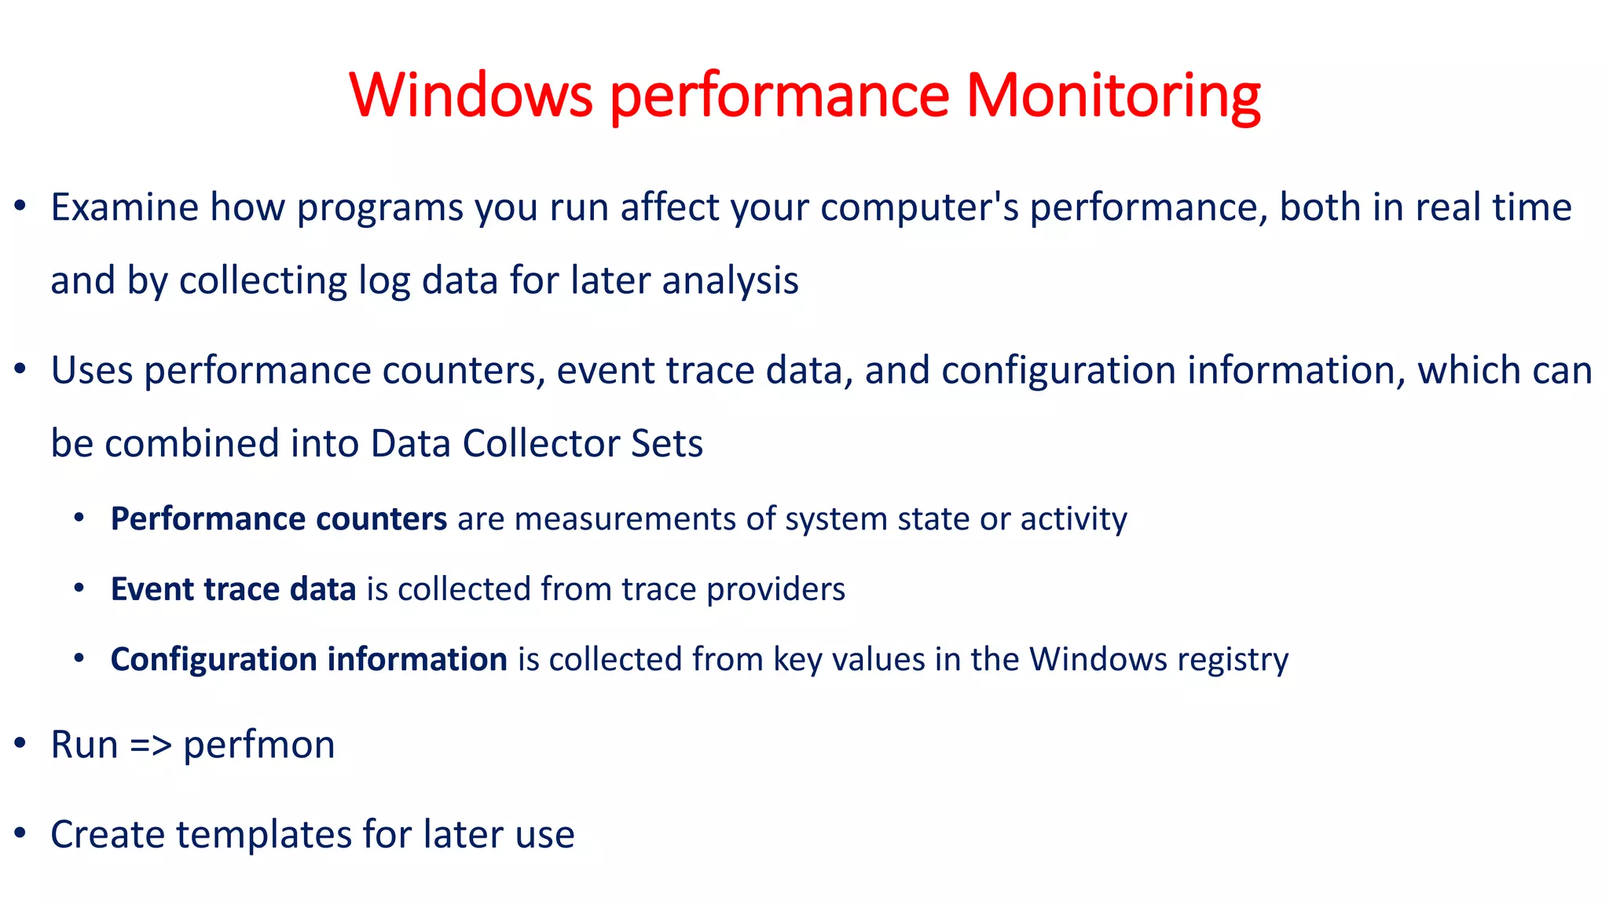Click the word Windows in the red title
coord(471,95)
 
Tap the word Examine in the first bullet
coord(125,208)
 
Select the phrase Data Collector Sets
coord(537,444)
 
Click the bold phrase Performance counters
coord(279,519)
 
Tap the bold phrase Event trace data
coord(233,589)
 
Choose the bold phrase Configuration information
coord(309,659)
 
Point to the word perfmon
coord(258,745)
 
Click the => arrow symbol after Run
coord(150,745)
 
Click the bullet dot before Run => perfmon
coord(21,743)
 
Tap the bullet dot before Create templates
coord(21,833)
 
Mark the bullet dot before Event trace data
coord(79,588)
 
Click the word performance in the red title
coord(779,95)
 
